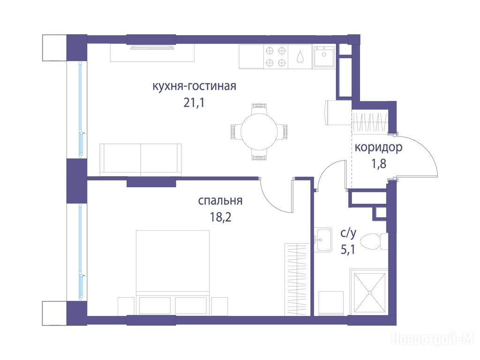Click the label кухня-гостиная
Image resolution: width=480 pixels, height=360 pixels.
click(194, 86)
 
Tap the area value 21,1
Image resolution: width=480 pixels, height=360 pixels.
click(194, 103)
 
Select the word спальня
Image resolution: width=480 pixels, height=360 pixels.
click(220, 201)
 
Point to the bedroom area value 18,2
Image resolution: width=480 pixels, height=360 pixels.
click(220, 217)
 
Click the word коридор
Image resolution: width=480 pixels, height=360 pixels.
click(378, 148)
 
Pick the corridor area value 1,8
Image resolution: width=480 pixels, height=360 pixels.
click(379, 164)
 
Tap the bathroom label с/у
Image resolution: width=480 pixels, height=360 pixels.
click(348, 233)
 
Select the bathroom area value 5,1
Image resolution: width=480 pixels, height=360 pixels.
click(348, 250)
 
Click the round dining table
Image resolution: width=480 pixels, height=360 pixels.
click(259, 132)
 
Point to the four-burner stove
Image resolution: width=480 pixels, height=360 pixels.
click(276, 57)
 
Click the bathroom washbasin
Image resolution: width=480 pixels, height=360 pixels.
click(323, 240)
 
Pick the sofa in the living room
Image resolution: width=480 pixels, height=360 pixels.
click(141, 160)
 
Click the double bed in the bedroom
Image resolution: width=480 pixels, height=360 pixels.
click(173, 272)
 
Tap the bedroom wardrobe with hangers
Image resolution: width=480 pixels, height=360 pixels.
click(297, 279)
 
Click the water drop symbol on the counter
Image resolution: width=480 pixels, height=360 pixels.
click(300, 57)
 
